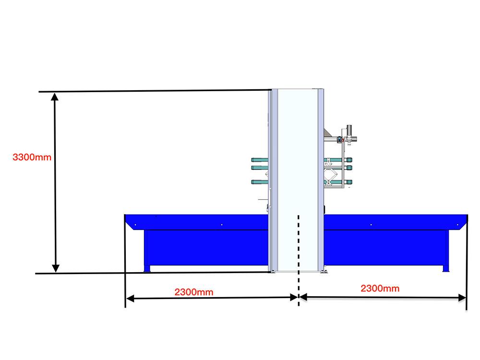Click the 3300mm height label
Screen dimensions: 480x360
pos(32,157)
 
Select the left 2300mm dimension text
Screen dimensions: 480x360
pos(194,292)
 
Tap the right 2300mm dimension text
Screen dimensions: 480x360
pos(380,288)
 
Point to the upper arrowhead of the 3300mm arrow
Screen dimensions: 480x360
pos(55,97)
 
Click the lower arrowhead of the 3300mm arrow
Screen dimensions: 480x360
pos(55,268)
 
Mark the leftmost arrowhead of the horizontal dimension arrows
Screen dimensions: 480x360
pos(130,299)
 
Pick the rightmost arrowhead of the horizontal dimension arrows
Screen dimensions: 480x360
pos(462,298)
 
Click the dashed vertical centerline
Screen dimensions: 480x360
pos(299,260)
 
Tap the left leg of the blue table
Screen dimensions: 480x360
pos(147,268)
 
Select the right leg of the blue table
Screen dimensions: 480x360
pos(446,268)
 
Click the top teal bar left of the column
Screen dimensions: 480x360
pos(260,160)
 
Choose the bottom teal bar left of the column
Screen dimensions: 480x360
pos(260,182)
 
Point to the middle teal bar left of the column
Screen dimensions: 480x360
pos(260,168)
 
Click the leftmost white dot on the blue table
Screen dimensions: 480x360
pos(135,225)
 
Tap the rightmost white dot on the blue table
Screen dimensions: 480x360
pos(457,225)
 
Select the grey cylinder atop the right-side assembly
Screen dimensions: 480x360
pos(349,130)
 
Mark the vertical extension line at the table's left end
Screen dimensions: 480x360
pos(125,261)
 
